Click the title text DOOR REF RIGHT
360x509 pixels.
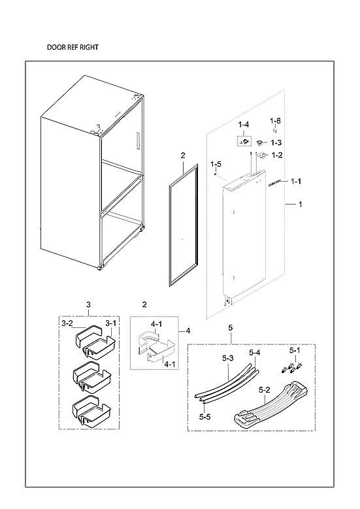point(73,48)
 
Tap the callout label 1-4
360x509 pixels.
point(243,124)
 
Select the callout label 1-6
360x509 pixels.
point(275,122)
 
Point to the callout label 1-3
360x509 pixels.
point(276,142)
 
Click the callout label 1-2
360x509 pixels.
point(276,155)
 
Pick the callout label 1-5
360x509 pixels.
point(216,164)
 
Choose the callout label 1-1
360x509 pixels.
point(295,181)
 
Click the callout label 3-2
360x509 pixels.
point(67,323)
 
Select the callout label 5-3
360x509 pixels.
point(227,359)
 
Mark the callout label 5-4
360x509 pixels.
point(254,353)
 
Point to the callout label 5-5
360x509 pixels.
point(205,416)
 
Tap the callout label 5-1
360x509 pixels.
point(295,350)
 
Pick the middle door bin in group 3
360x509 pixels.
point(90,375)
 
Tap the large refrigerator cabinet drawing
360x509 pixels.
point(91,173)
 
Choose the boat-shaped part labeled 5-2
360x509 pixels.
point(270,410)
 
